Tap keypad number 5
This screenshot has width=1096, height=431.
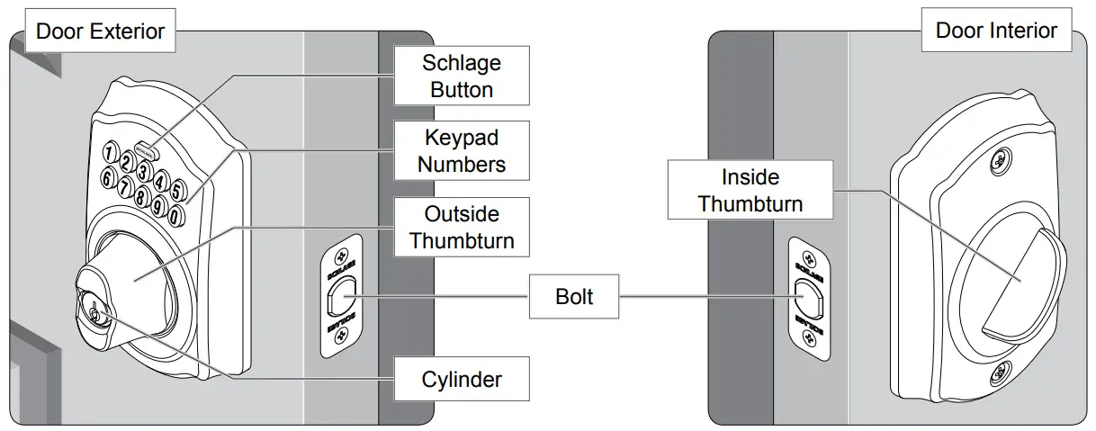click(178, 189)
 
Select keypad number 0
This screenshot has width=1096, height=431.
click(175, 215)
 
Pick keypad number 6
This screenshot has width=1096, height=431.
click(107, 180)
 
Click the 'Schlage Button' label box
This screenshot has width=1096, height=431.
click(462, 76)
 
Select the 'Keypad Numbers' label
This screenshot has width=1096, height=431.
click(462, 151)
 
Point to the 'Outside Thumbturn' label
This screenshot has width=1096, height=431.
click(462, 227)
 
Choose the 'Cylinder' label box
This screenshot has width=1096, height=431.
click(462, 379)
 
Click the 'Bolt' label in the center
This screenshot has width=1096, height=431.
click(574, 296)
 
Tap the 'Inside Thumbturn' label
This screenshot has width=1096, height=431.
click(750, 190)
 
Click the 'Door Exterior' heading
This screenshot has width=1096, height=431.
click(100, 31)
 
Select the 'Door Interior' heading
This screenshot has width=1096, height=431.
click(996, 31)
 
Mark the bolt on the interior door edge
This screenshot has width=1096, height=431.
click(807, 295)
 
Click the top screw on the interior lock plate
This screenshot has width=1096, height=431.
click(996, 163)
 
